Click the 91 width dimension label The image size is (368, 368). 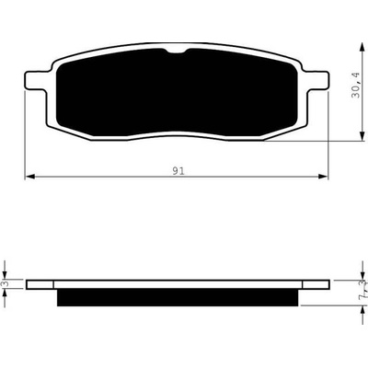click(178, 171)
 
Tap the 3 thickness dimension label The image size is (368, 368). click(5, 284)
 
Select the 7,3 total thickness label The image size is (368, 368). click(364, 289)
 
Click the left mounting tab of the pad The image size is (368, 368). click(34, 81)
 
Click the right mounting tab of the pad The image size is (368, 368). click(316, 81)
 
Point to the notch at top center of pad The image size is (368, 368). click(177, 52)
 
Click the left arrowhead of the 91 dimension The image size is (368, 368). click(29, 177)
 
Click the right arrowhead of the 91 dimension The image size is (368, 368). click(323, 177)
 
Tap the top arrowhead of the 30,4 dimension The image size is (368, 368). click(362, 48)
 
